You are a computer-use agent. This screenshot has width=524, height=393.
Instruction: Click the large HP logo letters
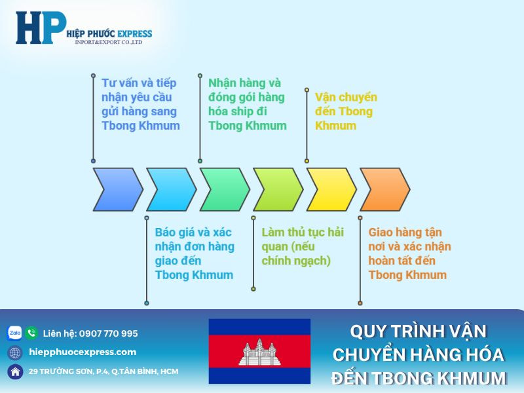coord(41,28)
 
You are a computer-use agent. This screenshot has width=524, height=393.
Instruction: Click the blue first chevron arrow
coord(117,189)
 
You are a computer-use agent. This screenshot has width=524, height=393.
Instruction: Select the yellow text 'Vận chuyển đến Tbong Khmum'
coord(346,111)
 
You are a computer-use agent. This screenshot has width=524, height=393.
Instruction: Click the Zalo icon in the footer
coord(14,333)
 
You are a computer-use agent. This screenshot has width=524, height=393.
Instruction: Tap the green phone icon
coord(31,333)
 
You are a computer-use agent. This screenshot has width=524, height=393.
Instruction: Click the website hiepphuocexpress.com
coord(83,352)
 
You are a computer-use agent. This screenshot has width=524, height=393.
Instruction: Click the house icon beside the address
coord(14,371)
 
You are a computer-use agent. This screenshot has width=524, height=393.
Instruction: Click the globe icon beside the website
coord(14,352)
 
